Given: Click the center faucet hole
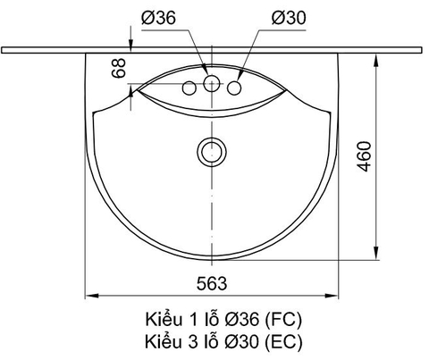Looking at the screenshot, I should pyautogui.click(x=213, y=85).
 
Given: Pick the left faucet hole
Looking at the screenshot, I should pyautogui.click(x=189, y=88).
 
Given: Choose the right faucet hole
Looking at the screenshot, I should pyautogui.click(x=236, y=88).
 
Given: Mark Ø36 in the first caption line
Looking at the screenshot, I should pyautogui.click(x=244, y=319).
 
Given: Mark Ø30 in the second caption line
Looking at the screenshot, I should pyautogui.click(x=244, y=340).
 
